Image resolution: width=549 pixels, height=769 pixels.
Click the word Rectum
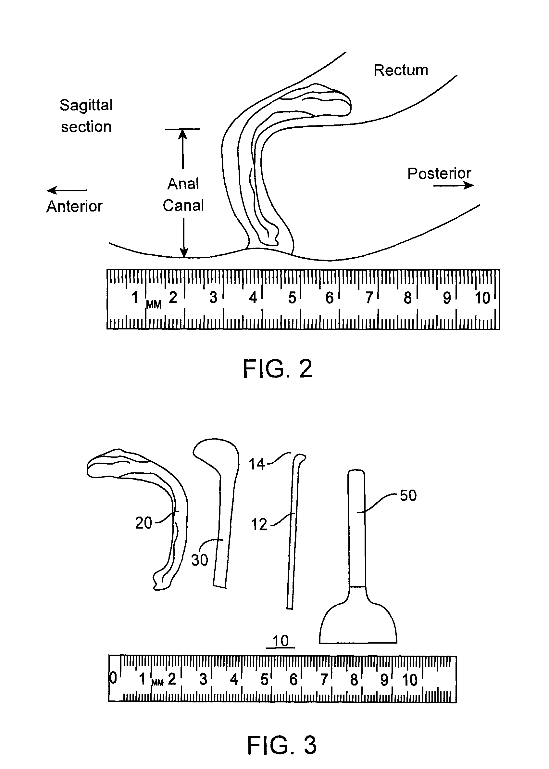(401, 70)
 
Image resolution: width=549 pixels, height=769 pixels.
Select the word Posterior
(439, 173)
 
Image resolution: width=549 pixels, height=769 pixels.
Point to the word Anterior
(74, 206)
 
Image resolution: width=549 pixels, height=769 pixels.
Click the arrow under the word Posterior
(453, 185)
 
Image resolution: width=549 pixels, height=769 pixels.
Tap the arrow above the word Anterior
(67, 190)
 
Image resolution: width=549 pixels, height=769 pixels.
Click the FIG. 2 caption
(278, 369)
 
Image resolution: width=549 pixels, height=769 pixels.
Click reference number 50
(408, 495)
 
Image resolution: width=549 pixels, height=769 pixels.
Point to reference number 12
(259, 525)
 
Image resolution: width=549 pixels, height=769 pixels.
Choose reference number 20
(144, 523)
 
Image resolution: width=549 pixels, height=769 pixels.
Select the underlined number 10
(280, 641)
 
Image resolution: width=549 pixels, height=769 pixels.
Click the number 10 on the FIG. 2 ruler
(482, 298)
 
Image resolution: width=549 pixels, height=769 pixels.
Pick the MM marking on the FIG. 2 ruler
(154, 305)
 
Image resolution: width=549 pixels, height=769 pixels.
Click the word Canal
(183, 205)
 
